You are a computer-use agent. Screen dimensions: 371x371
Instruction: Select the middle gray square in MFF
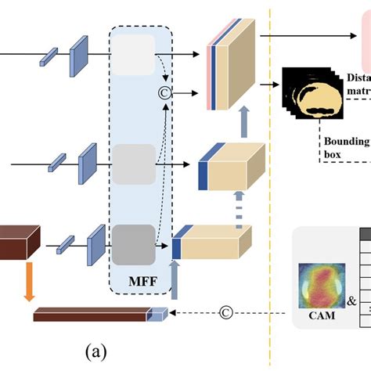coord(128,164)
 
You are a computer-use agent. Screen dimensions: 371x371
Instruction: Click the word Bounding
coord(345,141)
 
